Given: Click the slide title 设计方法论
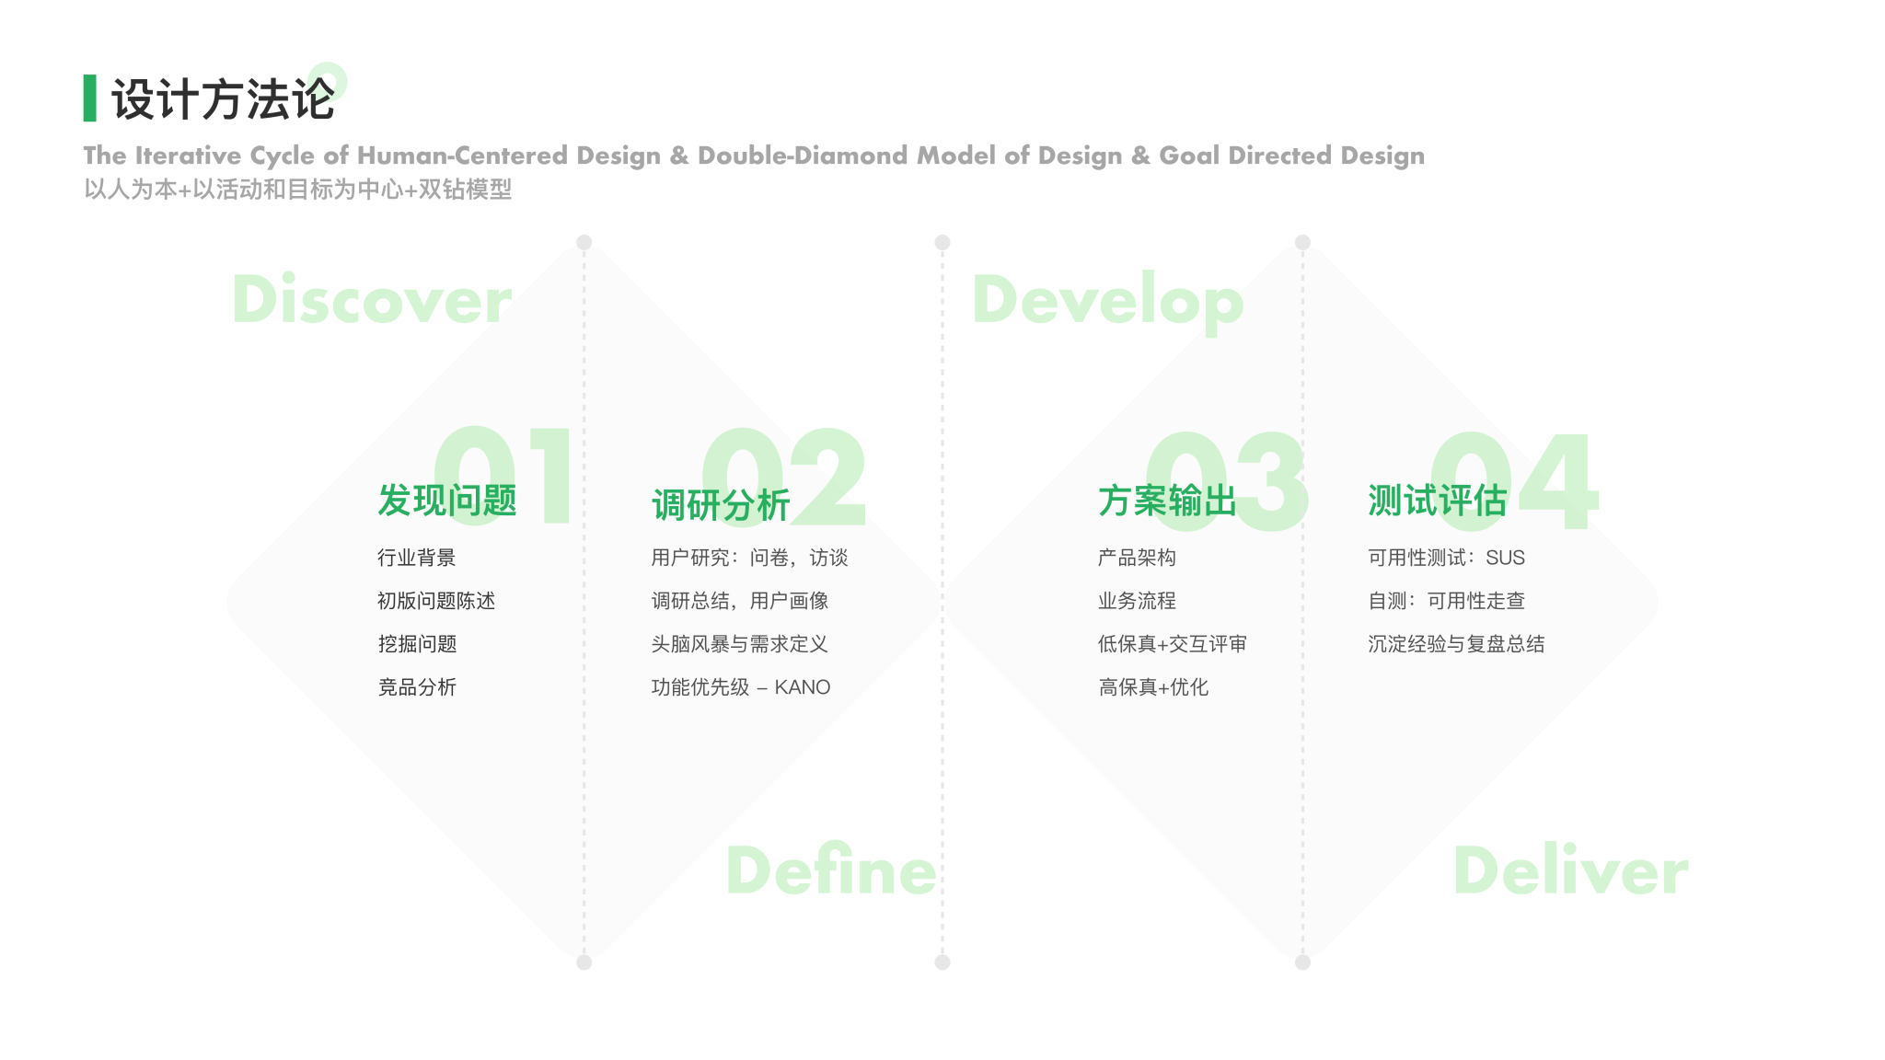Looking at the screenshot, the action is (223, 98).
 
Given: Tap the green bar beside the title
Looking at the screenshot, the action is (89, 98).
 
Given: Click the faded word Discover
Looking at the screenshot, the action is (372, 299).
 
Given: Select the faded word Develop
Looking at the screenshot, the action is (1107, 301).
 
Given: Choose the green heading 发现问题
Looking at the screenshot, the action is (447, 501).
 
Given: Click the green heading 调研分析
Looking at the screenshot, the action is (721, 505).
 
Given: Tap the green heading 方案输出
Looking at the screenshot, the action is (1167, 501).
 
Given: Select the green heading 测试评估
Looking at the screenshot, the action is (1437, 501).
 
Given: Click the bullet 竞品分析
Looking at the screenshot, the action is (417, 687).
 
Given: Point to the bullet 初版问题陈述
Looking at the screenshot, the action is (436, 601).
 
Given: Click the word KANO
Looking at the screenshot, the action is (803, 687).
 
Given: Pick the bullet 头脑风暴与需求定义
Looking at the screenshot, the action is (740, 644).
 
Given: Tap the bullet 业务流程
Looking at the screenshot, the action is (1137, 601).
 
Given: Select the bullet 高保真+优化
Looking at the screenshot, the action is (1153, 687).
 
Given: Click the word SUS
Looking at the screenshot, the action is (1505, 558).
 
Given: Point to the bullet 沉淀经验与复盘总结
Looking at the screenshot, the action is (1456, 644).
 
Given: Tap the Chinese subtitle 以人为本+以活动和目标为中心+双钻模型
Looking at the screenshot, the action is (297, 190).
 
